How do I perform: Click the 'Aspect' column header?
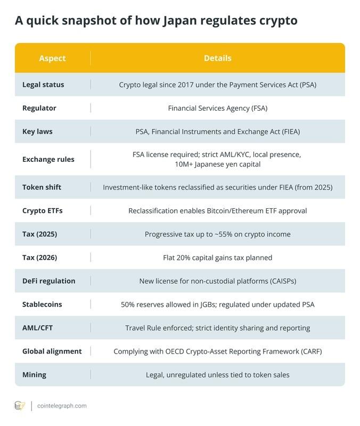[x=52, y=58]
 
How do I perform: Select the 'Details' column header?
[x=217, y=58]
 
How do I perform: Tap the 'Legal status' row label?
[x=43, y=85]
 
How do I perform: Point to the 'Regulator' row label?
[x=39, y=108]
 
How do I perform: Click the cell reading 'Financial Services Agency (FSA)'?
[x=217, y=108]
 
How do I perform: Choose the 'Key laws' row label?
[x=37, y=132]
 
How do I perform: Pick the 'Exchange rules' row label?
[x=48, y=159]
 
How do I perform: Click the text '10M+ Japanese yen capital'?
[x=217, y=165]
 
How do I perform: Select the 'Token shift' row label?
[x=42, y=187]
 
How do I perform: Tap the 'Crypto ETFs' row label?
[x=42, y=211]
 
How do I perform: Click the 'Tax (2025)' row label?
[x=39, y=234]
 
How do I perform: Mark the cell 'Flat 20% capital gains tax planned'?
[x=217, y=258]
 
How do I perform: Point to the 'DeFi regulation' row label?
[x=48, y=281]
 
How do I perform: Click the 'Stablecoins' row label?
[x=42, y=305]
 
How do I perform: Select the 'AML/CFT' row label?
[x=38, y=328]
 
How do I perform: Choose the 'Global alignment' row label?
[x=52, y=351]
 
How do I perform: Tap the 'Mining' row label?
[x=34, y=375]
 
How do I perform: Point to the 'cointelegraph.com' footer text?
[x=62, y=406]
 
